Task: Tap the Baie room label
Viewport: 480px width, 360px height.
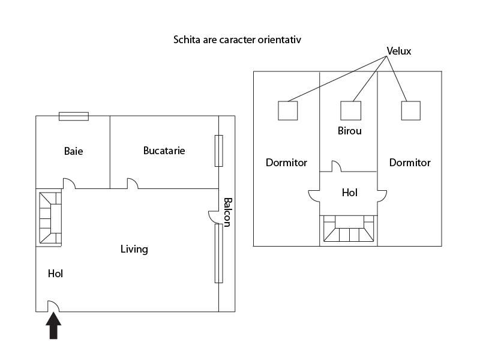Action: click(x=73, y=151)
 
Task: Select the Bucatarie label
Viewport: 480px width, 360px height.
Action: click(x=164, y=151)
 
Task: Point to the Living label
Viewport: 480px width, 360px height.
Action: click(x=134, y=249)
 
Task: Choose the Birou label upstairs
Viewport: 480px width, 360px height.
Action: click(x=350, y=131)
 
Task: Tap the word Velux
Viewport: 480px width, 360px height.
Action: click(x=399, y=51)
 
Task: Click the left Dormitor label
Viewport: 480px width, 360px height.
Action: click(x=286, y=163)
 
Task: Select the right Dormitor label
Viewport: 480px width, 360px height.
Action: click(x=410, y=163)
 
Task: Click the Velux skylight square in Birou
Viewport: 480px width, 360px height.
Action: click(x=351, y=110)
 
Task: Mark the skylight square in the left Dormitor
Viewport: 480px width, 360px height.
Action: click(x=287, y=110)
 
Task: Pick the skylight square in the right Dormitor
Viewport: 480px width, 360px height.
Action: click(x=410, y=110)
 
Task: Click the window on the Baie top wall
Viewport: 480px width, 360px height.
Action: click(x=74, y=116)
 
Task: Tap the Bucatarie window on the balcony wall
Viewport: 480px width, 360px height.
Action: click(x=218, y=151)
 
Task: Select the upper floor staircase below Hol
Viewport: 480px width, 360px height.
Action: click(x=349, y=229)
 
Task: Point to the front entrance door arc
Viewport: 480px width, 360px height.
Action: click(x=53, y=306)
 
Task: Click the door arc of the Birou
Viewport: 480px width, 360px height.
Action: click(x=337, y=166)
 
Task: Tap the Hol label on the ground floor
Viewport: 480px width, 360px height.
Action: click(x=55, y=274)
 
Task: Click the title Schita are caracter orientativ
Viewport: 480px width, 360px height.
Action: click(x=236, y=40)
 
